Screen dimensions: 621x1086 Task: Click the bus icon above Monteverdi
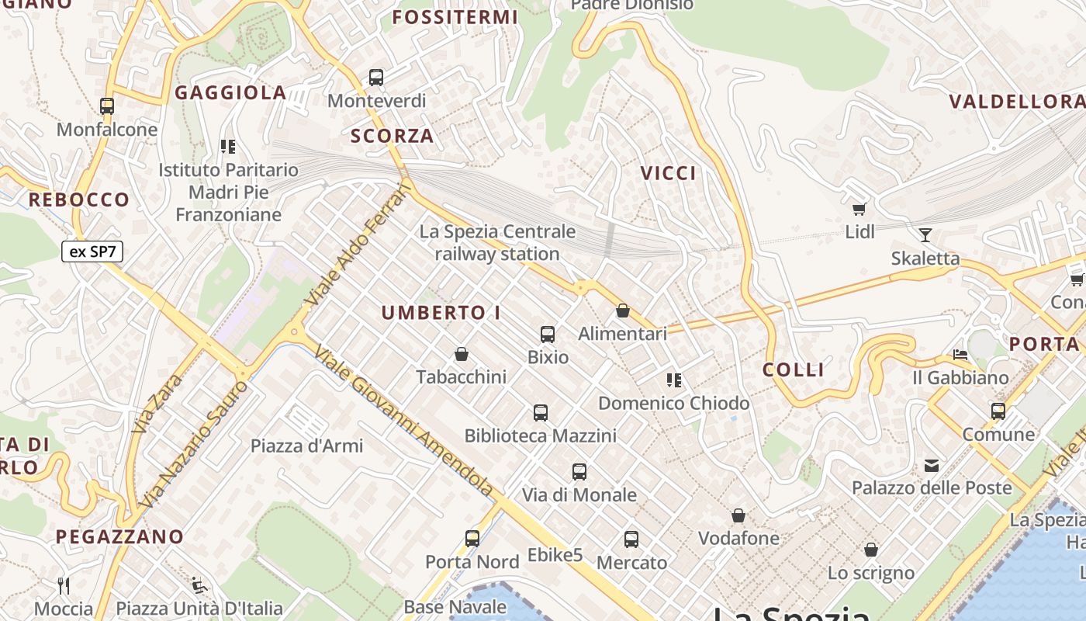point(376,77)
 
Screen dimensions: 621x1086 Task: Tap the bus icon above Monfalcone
point(107,106)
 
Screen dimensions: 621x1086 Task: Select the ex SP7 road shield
point(92,252)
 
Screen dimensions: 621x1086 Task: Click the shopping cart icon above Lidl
point(859,208)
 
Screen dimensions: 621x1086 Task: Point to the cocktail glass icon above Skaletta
point(925,234)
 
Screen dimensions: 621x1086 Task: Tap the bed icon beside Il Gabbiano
point(960,355)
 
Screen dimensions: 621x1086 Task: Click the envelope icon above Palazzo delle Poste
point(932,466)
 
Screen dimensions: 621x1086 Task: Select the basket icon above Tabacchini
point(462,354)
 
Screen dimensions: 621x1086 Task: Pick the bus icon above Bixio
point(548,335)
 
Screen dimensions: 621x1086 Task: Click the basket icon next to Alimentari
point(622,310)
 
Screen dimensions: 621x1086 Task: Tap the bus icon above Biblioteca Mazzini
point(541,413)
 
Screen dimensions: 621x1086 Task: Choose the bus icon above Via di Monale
point(579,471)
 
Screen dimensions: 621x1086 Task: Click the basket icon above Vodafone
point(738,515)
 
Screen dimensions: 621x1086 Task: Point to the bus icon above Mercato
point(631,539)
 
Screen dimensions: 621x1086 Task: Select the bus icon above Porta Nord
point(472,538)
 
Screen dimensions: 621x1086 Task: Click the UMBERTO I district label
point(441,313)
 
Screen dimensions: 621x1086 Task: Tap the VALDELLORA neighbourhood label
point(1017,102)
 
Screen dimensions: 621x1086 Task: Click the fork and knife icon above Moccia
point(64,585)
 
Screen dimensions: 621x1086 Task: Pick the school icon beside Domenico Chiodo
point(674,380)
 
